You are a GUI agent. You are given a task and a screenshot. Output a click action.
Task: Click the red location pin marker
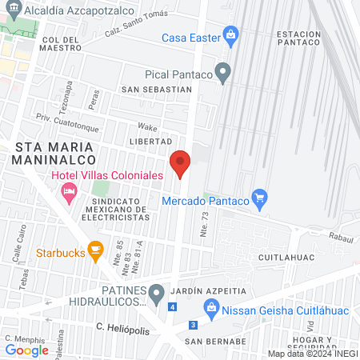coord(180,163)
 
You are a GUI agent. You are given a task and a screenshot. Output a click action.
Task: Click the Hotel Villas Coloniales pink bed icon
coord(69,190)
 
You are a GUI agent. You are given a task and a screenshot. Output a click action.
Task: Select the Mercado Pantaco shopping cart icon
coord(258,198)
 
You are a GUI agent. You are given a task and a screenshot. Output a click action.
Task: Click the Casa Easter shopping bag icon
coord(231,35)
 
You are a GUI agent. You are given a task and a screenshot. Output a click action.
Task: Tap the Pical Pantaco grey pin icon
coord(223,74)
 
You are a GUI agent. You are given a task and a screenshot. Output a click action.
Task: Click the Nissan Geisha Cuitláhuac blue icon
coord(210,305)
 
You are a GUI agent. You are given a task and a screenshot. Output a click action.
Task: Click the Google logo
coord(26,350)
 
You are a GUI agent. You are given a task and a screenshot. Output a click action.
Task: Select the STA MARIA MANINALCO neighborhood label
coord(54,153)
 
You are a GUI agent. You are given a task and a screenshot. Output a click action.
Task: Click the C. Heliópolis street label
coord(122,327)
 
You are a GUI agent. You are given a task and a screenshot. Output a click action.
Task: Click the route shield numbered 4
coord(173,306)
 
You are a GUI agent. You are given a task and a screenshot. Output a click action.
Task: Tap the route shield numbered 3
coord(193,325)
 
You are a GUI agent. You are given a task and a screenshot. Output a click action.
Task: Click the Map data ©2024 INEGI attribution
coord(312,354)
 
